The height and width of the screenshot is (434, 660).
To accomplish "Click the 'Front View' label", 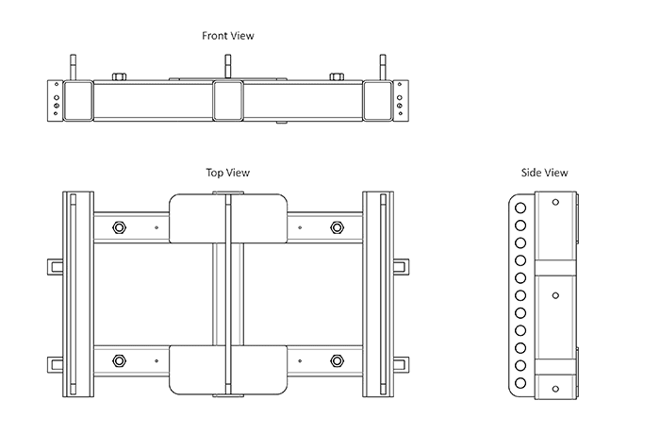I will point(228,36).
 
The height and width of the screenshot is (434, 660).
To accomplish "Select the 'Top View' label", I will point(228,173).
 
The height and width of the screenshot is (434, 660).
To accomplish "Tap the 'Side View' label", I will point(544,173).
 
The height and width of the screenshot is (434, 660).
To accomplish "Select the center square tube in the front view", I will point(228,100).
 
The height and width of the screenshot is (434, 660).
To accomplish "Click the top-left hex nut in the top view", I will point(119,226).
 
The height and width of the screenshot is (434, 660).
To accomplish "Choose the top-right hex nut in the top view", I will point(338,226).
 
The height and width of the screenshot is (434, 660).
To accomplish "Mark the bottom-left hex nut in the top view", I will point(119,360).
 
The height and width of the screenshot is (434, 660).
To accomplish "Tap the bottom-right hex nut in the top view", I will point(338,360).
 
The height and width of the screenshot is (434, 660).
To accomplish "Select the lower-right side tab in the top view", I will point(403,362).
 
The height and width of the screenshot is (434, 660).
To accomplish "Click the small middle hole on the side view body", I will point(555,294).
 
